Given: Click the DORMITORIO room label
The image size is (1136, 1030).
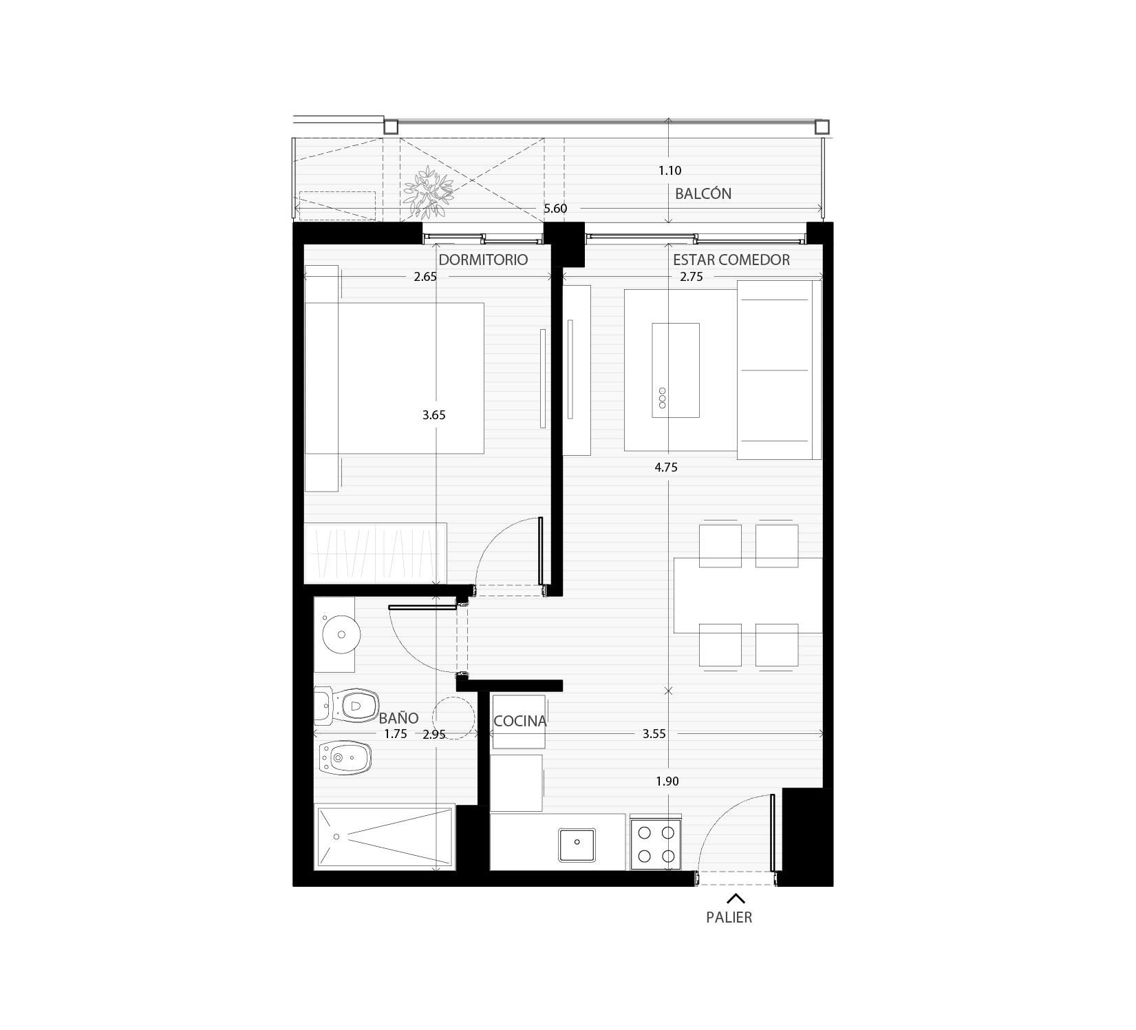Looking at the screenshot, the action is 483,260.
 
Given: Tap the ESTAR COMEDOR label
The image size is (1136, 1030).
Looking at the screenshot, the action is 731,260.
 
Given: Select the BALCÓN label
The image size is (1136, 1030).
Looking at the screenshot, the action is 703,193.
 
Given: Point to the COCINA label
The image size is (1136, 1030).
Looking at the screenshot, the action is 520,721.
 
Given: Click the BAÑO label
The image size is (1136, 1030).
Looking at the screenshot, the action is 399,718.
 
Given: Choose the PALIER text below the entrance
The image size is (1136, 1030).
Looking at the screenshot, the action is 729,918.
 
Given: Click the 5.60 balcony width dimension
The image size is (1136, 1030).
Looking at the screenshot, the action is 555,208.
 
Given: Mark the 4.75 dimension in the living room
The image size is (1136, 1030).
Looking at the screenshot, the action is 666,467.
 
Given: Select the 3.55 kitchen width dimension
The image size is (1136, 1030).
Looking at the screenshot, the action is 654,734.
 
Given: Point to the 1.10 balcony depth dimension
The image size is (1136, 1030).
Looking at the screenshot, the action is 670,170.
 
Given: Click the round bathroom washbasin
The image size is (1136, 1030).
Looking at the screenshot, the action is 342,633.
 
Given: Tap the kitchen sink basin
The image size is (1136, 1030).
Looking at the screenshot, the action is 577,845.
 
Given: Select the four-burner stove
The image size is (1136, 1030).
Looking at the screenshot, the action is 656,845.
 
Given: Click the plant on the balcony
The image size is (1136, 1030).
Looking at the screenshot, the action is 429,189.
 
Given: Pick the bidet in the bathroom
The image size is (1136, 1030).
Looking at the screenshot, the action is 344,759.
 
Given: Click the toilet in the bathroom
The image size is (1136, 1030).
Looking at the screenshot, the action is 347,704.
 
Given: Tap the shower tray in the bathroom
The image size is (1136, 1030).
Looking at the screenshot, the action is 384,837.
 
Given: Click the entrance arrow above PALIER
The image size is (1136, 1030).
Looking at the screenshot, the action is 736,898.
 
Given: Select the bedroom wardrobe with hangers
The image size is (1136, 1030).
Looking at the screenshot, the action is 376,553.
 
